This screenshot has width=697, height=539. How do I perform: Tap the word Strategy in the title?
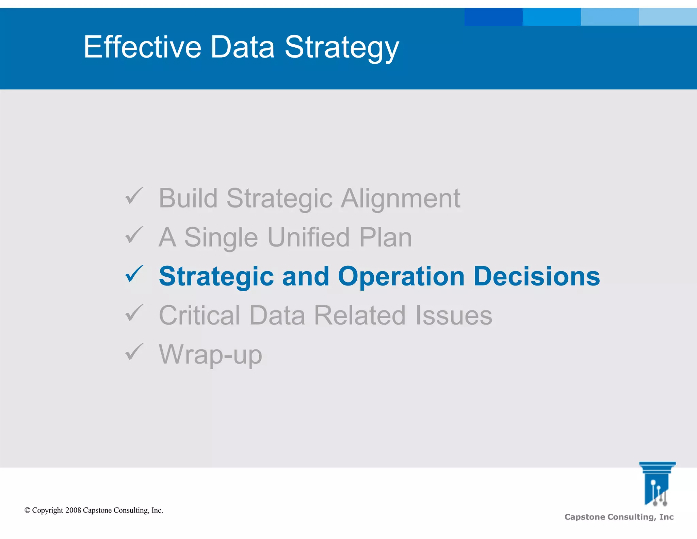coord(341,48)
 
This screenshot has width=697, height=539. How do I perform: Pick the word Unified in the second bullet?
coord(308,237)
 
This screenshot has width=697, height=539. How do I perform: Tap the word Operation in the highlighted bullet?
coord(401,277)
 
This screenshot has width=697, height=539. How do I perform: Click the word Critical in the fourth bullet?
coord(199,315)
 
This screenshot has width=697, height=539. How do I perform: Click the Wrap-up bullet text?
coord(210,355)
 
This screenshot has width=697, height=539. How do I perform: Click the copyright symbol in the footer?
coord(28,510)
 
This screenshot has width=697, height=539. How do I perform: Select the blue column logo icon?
coord(657,484)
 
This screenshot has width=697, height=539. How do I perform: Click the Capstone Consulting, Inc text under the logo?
coord(619,517)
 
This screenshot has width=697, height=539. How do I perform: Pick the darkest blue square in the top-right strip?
coord(493,17)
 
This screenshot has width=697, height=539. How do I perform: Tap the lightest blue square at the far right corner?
coord(668,17)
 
